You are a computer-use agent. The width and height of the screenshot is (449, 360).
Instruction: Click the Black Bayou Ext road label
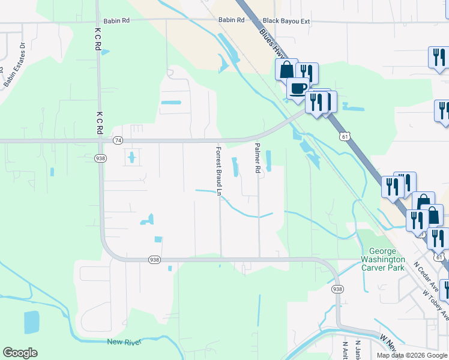pos(286,20)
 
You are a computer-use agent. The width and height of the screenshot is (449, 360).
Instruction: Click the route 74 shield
pos(118,140)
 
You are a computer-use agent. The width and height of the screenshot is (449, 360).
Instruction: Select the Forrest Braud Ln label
pos(219,172)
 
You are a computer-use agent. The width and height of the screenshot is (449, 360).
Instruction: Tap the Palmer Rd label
pos(257,158)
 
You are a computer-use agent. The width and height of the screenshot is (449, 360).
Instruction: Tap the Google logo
pos(20,353)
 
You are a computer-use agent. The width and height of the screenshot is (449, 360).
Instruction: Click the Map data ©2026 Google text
pos(412,355)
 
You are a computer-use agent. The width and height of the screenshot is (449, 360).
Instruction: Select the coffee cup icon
pos(298,89)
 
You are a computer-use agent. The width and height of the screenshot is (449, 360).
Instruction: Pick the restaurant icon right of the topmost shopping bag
pos(307,73)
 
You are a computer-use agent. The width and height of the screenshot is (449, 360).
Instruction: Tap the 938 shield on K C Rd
pos(100,158)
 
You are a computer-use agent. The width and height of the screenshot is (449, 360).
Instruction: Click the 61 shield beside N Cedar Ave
pos(440,257)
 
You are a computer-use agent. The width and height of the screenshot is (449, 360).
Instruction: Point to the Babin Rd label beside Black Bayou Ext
pos(231,20)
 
